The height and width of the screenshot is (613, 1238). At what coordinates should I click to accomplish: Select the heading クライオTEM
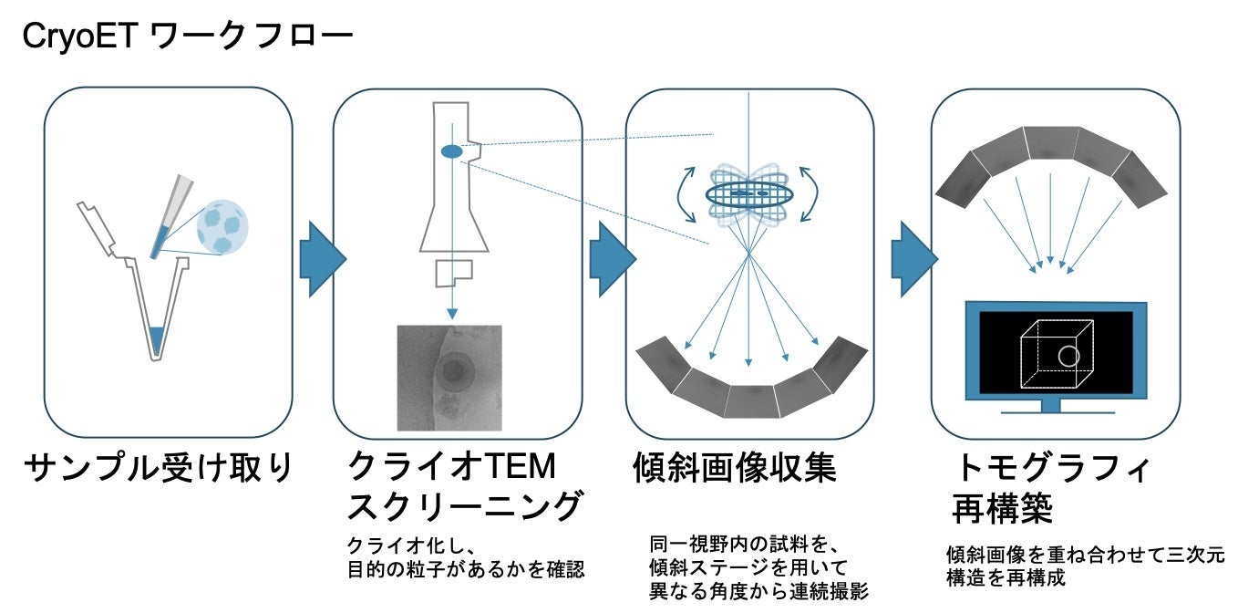(452, 467)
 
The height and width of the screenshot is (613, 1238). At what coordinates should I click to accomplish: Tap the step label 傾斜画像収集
(734, 468)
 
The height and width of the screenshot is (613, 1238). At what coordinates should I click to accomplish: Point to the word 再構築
(1005, 507)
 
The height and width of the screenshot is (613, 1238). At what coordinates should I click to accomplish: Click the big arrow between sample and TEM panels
(320, 259)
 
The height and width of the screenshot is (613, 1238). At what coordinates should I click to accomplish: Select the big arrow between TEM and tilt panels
(609, 259)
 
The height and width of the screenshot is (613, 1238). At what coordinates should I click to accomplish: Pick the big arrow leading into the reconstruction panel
(912, 259)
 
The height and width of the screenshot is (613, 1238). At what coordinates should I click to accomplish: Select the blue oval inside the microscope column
(451, 151)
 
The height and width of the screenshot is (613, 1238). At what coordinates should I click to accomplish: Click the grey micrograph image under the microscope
(449, 378)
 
